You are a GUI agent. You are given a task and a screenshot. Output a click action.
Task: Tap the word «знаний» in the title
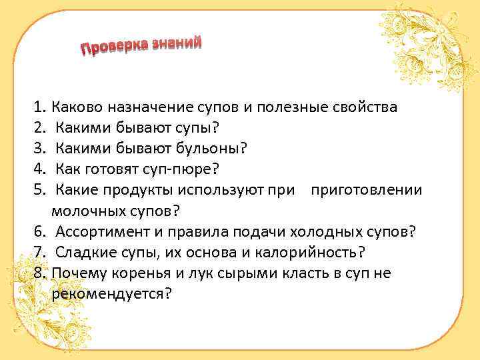[x=176, y=43]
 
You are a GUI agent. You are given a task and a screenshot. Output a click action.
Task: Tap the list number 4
[x=39, y=169]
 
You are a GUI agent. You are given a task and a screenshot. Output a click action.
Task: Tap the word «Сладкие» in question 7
[x=83, y=253]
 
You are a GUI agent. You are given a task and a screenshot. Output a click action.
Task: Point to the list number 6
[x=39, y=231]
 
